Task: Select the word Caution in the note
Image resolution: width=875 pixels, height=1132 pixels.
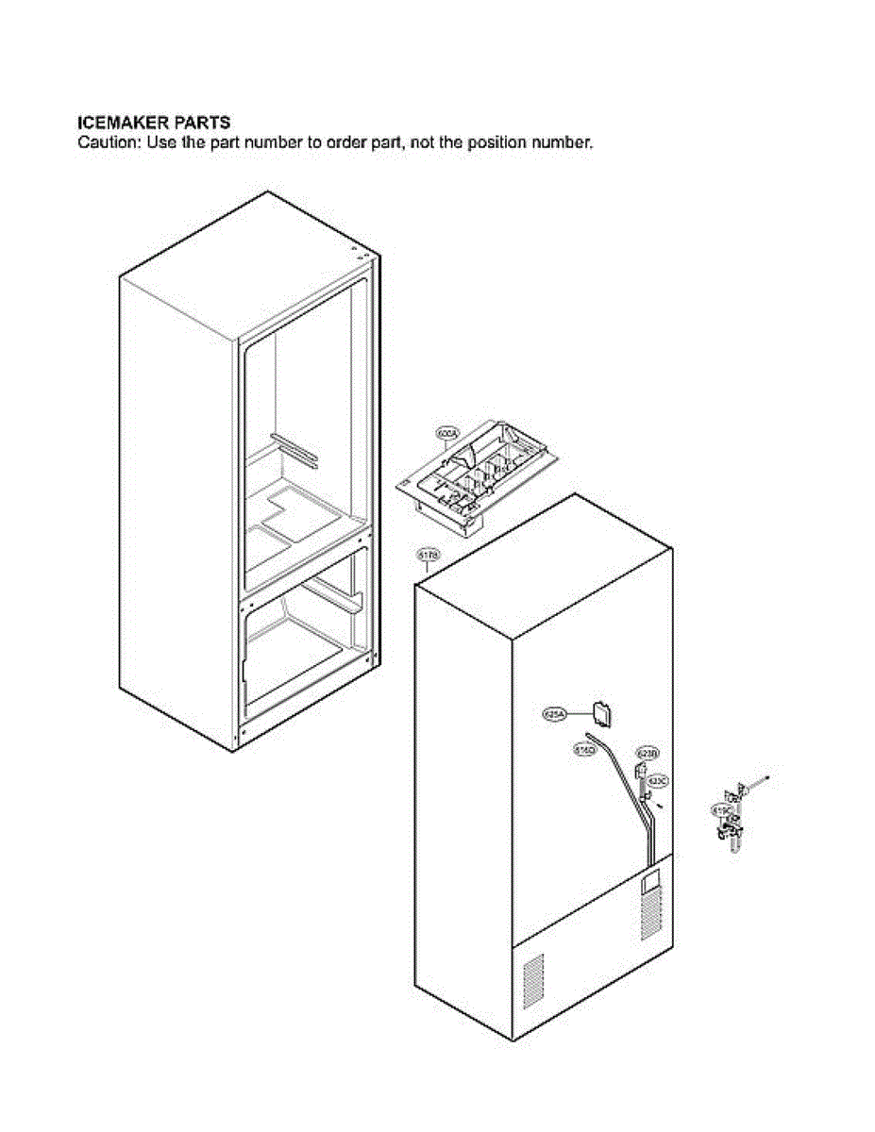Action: (106, 143)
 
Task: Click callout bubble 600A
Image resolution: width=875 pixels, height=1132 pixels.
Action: (446, 434)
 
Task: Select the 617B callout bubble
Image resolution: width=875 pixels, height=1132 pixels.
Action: (427, 558)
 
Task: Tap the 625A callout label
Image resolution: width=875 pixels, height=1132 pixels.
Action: (554, 715)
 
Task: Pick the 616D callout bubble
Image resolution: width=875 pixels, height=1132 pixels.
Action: (585, 750)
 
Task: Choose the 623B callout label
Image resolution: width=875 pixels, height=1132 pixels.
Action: (647, 754)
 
